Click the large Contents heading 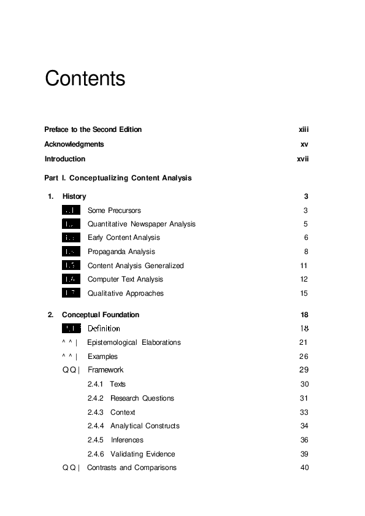(85, 79)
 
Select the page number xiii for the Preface (303, 129)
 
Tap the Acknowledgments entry (74, 144)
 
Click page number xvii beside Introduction (302, 159)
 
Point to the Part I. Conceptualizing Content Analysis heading (118, 178)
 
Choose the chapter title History (74, 196)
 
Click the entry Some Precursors (114, 210)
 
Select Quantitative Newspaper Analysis (141, 224)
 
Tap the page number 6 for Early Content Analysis (305, 237)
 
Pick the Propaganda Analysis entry (121, 252)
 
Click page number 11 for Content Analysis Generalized (304, 266)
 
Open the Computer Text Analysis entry (125, 279)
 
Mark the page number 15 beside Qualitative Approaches (304, 293)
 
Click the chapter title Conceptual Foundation (101, 315)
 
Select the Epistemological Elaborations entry (134, 342)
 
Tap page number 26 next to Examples (303, 356)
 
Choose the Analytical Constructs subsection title (145, 426)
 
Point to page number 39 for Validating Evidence (303, 454)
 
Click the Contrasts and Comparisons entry (131, 468)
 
